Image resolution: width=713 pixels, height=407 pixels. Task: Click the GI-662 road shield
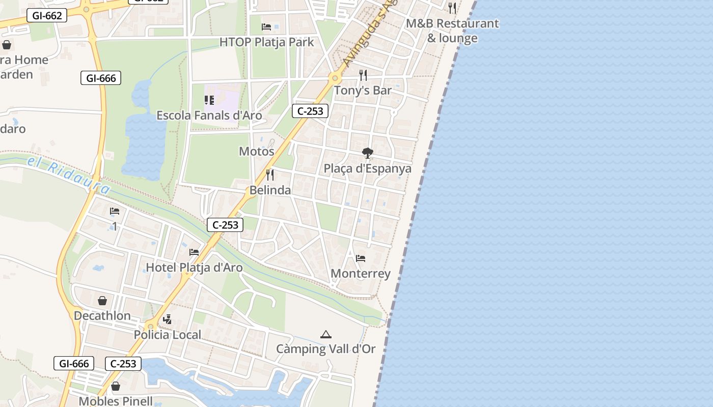[x=47, y=16]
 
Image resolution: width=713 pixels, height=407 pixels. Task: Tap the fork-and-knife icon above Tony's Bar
[x=363, y=75]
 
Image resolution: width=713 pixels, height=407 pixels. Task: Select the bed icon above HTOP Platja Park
[x=266, y=27]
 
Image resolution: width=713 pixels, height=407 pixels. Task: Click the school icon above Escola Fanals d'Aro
[x=209, y=100]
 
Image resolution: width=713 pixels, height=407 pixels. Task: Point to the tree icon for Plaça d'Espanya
[x=367, y=153]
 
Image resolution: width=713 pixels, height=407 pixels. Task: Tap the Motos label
[x=257, y=151]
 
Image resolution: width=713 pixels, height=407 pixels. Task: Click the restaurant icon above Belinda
[x=270, y=175]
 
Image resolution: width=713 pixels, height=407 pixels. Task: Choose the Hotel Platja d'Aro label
[x=194, y=267]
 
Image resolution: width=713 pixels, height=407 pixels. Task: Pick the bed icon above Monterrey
[x=361, y=258]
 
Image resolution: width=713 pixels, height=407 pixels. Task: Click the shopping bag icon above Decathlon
[x=102, y=301]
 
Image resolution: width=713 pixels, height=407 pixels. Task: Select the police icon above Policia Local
[x=167, y=319]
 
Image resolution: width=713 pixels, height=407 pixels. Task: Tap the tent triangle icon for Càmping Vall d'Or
[x=325, y=334]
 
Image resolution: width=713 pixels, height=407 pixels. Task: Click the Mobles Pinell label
[x=116, y=401]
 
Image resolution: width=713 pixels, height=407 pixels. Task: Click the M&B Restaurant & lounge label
[x=452, y=31]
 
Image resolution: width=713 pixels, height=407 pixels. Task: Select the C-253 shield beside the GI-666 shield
[x=123, y=363]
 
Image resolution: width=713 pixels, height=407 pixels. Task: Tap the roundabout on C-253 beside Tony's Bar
[x=335, y=78]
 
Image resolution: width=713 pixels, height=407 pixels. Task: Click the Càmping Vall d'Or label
[x=325, y=348]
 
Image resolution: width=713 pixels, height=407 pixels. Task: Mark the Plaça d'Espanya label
[x=368, y=168]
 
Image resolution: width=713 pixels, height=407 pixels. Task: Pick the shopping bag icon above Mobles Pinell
[x=116, y=386]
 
